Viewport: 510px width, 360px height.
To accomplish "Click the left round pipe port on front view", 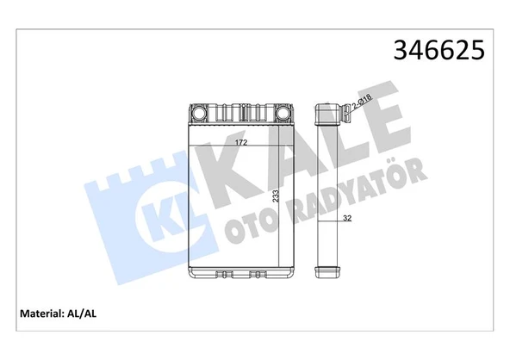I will coord(198,113).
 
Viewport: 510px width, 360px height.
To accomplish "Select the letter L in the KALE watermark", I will coord(333,142).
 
